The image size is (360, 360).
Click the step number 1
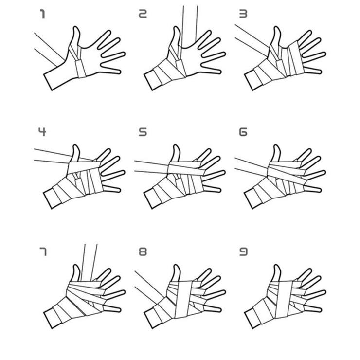(42, 14)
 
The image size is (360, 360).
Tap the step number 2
(143, 14)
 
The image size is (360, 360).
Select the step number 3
(243, 14)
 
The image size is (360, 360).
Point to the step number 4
(42, 132)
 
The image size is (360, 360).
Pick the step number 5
(143, 132)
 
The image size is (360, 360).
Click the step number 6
(243, 132)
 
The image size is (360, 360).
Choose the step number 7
(43, 252)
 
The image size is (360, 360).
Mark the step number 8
(143, 252)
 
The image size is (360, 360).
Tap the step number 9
(243, 252)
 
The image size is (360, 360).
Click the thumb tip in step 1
(76, 28)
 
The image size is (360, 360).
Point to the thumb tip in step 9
(277, 266)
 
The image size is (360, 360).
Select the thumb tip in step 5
(176, 146)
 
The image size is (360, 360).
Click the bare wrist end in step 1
(48, 82)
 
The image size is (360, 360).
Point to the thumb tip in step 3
(277, 28)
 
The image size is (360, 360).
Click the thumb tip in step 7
(76, 266)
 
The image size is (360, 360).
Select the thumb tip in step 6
(277, 146)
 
